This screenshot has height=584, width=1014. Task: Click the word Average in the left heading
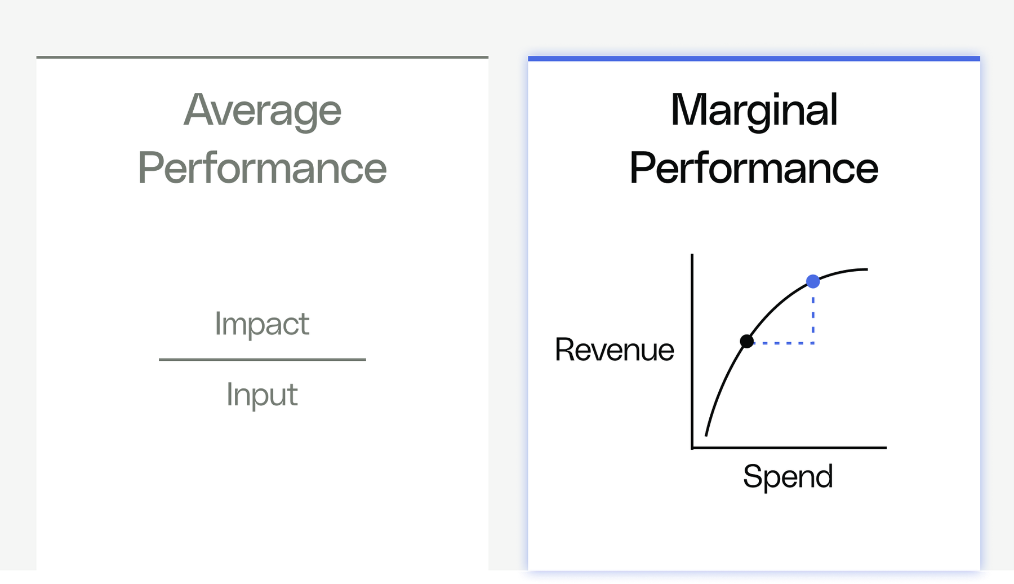[x=263, y=110]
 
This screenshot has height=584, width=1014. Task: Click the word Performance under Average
[x=263, y=168]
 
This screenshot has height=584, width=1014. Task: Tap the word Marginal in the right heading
[x=754, y=110]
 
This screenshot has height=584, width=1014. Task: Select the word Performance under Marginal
[x=754, y=168]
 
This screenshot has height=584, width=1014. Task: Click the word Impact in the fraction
[x=262, y=324]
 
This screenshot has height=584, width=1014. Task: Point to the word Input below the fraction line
[x=262, y=395]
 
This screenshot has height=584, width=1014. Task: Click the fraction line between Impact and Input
[x=262, y=359]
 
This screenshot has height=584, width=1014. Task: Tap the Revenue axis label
[x=614, y=349]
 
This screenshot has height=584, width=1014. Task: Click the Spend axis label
[x=788, y=477]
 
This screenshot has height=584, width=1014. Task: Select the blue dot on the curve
[x=813, y=281]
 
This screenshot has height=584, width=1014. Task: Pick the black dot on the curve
[x=746, y=341]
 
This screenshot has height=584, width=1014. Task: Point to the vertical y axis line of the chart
[x=692, y=349]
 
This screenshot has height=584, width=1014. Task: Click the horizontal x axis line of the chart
[x=789, y=448]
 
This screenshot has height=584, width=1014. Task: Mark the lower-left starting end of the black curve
[x=706, y=434]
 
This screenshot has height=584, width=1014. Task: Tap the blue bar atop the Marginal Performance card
[x=754, y=59]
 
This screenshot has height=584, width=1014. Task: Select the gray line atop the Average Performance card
[x=263, y=57]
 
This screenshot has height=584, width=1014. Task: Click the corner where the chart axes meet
[x=692, y=448]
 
